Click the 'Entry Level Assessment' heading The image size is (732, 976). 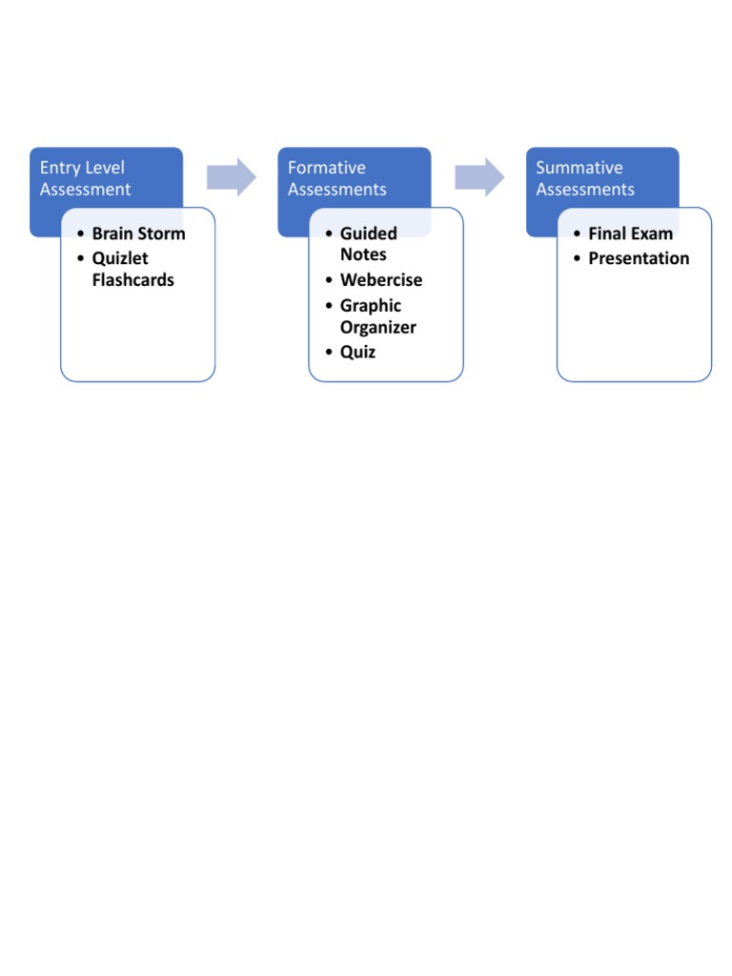pos(86,178)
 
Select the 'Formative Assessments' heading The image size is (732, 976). pos(336,178)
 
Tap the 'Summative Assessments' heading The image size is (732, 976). pos(584,178)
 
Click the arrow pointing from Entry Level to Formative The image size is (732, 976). pos(232,177)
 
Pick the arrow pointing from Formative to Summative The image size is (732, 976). pos(479,177)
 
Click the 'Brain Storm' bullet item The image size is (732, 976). pos(138,234)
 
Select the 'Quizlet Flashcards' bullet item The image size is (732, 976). pos(132,269)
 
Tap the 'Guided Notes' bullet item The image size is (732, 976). pos(368,244)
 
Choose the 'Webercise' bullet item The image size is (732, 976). pos(380,280)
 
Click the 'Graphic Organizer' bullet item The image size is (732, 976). pos(377,316)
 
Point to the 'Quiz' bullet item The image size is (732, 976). pos(357,352)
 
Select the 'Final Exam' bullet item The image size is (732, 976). pos(630,234)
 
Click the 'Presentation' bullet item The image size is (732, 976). pos(639,258)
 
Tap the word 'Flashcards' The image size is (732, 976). pos(132,280)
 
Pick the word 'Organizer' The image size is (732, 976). pos(377,328)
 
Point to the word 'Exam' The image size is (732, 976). pos(652,234)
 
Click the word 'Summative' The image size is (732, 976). pos(579,168)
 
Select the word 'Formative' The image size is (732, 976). pos(326,168)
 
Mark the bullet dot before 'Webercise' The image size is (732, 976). pos(328,281)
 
